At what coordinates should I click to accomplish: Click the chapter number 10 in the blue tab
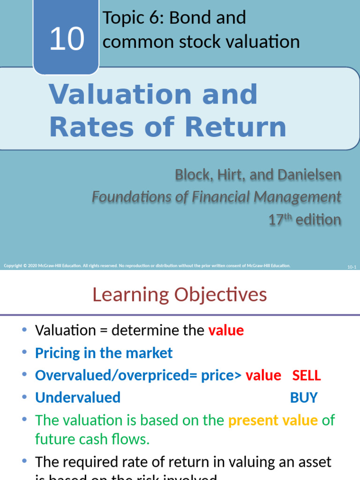(67, 39)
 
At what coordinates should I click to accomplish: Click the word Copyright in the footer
(13, 266)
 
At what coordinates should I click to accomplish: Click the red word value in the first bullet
(226, 330)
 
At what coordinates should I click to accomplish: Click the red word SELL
(307, 375)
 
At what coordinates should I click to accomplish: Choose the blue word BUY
(304, 398)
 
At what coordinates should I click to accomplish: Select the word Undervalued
(78, 398)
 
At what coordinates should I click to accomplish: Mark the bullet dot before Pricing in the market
(24, 353)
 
